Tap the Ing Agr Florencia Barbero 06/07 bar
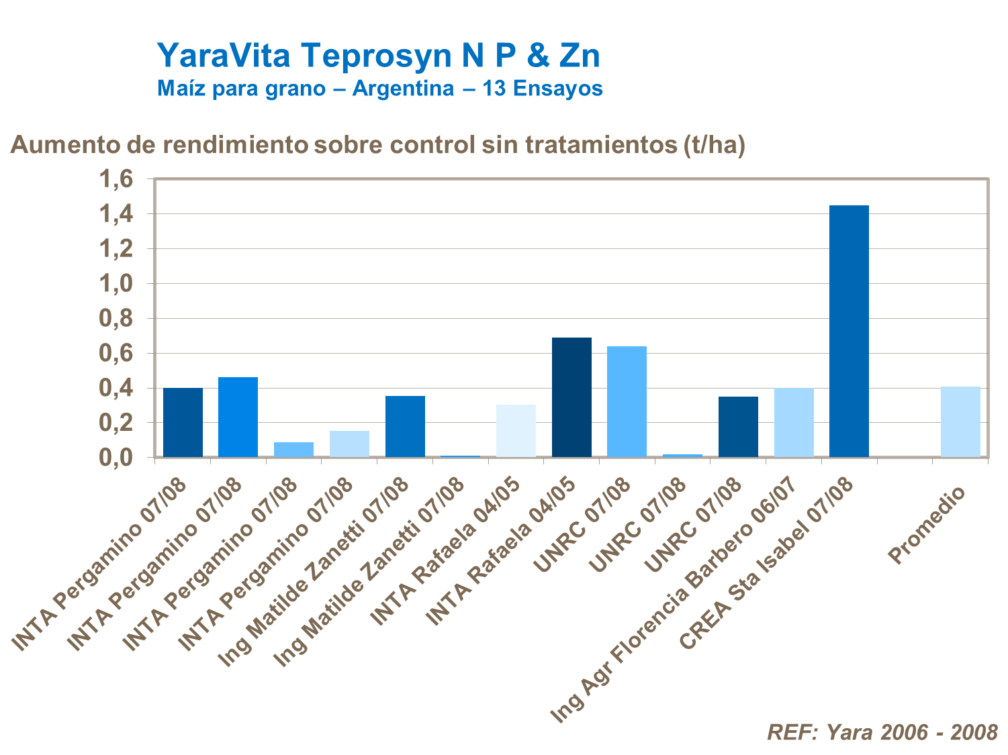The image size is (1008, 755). [794, 422]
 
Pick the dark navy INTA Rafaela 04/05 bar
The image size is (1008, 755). [571, 397]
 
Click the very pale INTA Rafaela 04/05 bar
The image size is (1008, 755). [516, 431]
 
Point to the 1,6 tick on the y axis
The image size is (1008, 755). [117, 179]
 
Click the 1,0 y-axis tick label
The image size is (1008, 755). [117, 284]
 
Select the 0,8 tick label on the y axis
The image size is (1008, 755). [117, 319]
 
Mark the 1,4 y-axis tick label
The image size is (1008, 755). [117, 214]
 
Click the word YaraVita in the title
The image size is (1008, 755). [224, 56]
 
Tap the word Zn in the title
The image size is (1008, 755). [579, 56]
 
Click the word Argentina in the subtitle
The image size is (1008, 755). [403, 89]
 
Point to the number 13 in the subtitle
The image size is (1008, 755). [495, 89]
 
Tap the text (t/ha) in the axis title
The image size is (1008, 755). [713, 145]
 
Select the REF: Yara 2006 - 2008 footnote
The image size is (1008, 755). [882, 732]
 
